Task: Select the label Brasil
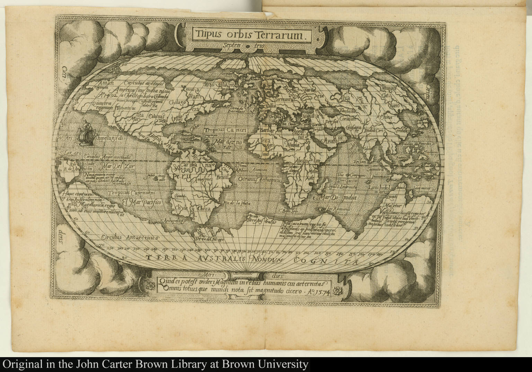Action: (x=221, y=177)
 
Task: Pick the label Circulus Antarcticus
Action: (x=130, y=238)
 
